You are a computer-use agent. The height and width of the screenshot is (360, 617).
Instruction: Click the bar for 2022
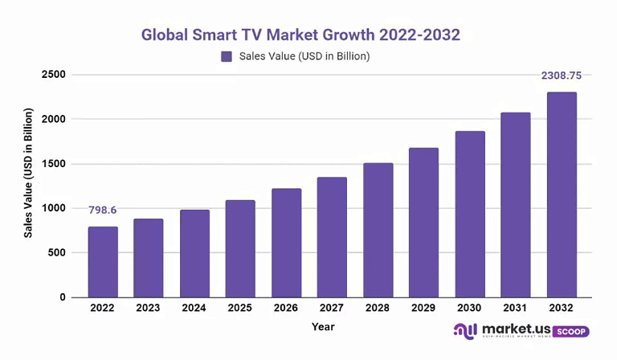(x=103, y=262)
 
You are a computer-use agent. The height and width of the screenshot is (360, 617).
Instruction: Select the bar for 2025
(x=239, y=248)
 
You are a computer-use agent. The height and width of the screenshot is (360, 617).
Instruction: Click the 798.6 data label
(x=103, y=210)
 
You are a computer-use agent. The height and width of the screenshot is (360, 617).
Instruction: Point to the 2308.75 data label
(x=562, y=76)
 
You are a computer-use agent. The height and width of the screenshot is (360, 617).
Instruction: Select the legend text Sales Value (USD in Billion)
(x=304, y=56)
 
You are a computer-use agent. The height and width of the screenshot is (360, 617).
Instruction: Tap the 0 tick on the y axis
(x=62, y=297)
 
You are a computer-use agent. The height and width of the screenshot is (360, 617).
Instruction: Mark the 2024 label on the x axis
(x=194, y=308)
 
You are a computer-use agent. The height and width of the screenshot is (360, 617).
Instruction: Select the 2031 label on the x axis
(x=516, y=308)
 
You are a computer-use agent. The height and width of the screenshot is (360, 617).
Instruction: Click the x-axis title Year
(x=323, y=327)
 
